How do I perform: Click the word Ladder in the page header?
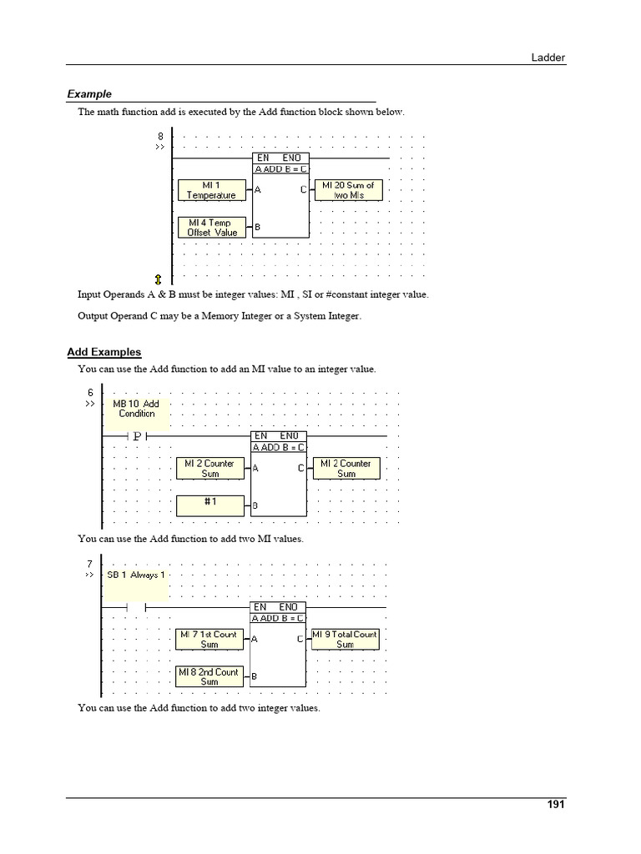[549, 57]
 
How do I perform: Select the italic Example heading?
[89, 94]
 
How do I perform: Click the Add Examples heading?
[104, 352]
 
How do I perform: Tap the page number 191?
[556, 805]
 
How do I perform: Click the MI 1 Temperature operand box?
[211, 190]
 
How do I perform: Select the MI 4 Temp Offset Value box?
[211, 228]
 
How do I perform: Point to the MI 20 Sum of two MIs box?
[348, 190]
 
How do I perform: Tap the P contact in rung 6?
[136, 435]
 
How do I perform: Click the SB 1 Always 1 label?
[136, 575]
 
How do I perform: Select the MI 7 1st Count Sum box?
[209, 640]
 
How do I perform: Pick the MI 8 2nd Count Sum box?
[209, 676]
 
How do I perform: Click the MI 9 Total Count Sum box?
[345, 640]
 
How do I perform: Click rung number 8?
[160, 136]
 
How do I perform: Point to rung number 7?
[89, 564]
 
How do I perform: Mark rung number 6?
[89, 393]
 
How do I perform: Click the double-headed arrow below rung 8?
[159, 279]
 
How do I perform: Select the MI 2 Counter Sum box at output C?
[346, 468]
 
